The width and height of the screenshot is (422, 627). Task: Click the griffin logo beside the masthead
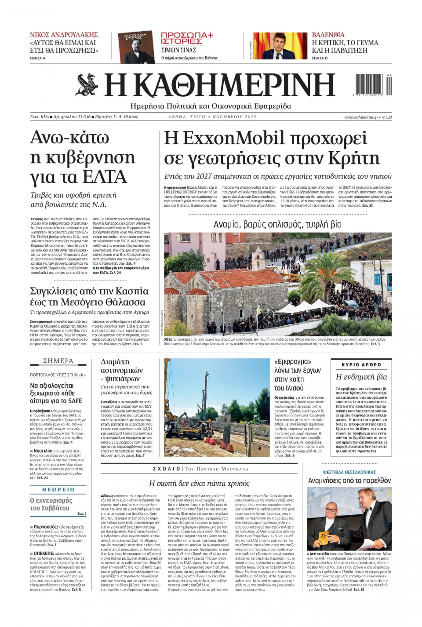click(87, 85)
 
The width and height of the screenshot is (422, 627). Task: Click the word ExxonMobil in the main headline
click(233, 139)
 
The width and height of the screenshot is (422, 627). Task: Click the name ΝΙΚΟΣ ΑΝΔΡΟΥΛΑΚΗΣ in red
click(64, 35)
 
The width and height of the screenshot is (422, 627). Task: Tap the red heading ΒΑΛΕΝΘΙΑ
click(328, 35)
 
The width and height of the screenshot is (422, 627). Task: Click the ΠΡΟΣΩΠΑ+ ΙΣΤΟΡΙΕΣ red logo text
click(187, 38)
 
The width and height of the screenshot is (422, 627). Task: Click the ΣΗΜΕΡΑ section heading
click(58, 361)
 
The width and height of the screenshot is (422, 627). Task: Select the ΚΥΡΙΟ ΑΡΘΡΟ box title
click(361, 365)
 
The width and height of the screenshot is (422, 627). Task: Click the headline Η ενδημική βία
click(361, 377)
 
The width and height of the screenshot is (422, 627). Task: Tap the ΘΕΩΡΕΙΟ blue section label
click(58, 489)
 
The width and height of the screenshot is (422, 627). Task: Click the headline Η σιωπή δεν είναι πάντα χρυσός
click(199, 484)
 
